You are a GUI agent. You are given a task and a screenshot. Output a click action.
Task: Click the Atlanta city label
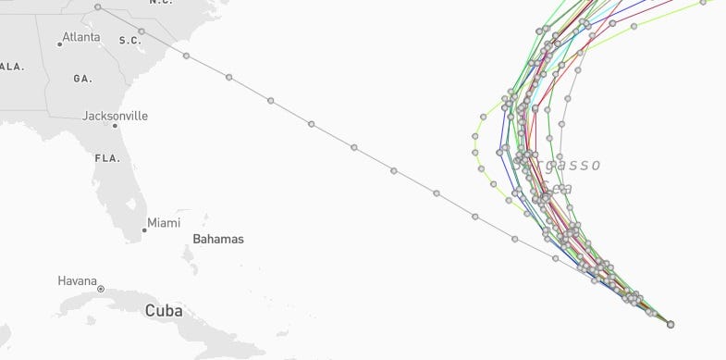tap(81, 38)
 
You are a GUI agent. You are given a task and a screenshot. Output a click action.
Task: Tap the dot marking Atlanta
tap(59, 44)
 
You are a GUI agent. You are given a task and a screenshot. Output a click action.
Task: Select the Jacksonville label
tap(115, 116)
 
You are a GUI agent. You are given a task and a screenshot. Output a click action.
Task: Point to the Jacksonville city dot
tap(115, 126)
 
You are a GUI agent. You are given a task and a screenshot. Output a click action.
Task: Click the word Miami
tap(164, 222)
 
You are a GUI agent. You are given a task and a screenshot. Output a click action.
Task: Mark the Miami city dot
tap(144, 230)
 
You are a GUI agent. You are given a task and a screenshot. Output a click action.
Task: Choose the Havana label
tap(77, 280)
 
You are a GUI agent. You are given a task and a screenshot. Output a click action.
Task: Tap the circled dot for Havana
tap(101, 289)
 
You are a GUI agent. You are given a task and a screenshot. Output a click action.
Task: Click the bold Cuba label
tap(163, 311)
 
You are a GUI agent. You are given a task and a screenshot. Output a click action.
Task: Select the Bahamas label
tap(218, 239)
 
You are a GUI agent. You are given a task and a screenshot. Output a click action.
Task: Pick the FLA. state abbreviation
tap(107, 158)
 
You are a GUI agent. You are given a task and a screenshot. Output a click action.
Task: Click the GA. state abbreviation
tap(83, 79)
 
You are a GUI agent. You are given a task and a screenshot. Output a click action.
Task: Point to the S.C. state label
tap(129, 40)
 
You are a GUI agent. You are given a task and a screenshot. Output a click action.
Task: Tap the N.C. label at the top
tap(161, 3)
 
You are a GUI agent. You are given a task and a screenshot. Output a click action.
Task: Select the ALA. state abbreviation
tap(12, 67)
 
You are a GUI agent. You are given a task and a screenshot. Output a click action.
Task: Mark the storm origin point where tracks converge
tap(670, 324)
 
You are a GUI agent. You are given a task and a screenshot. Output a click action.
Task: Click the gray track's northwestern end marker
tap(98, 7)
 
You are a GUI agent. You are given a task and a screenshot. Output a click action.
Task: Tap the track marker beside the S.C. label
tap(142, 32)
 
